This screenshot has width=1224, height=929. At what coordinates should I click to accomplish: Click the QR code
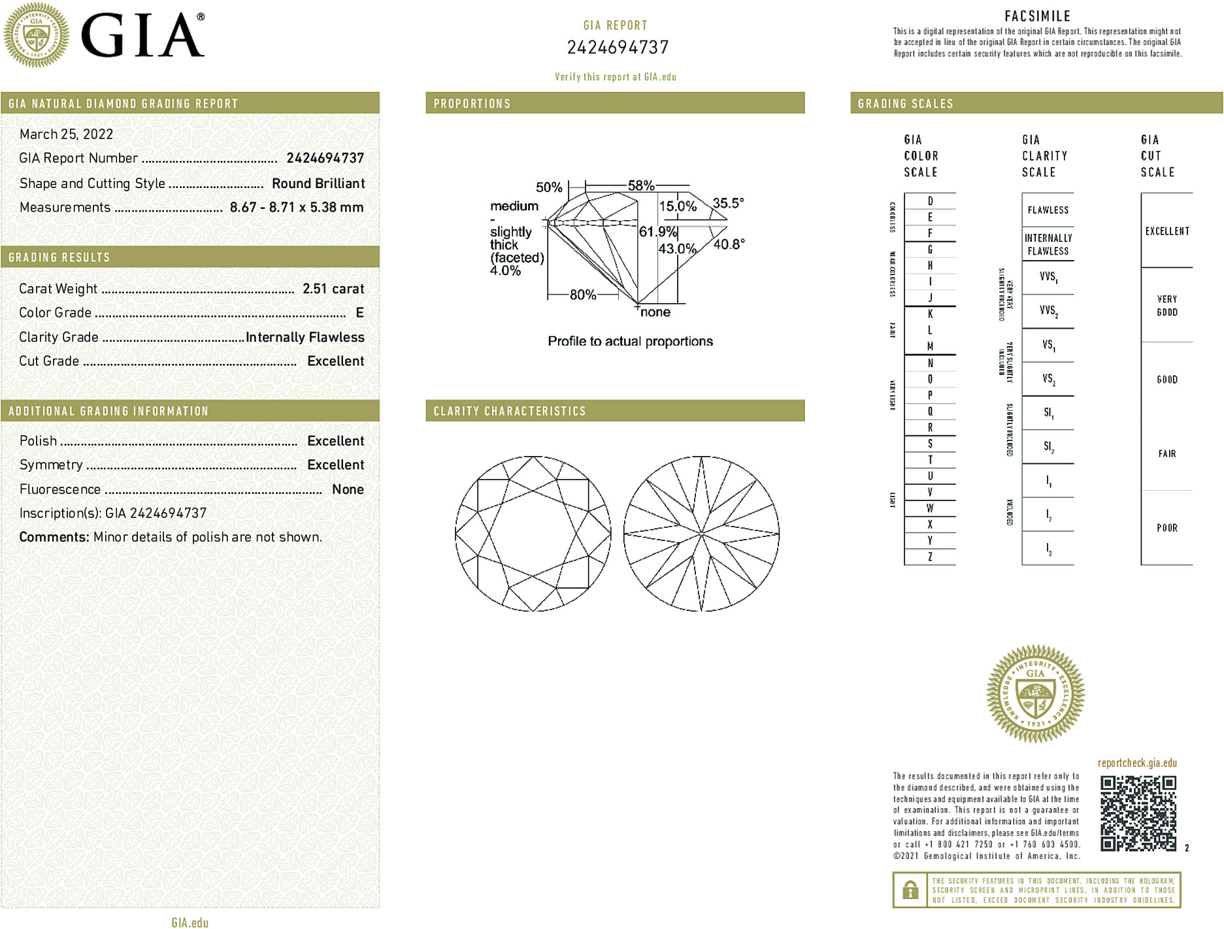click(x=1138, y=813)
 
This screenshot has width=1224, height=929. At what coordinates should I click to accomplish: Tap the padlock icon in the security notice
click(x=910, y=890)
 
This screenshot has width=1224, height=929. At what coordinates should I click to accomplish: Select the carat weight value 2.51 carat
click(x=333, y=289)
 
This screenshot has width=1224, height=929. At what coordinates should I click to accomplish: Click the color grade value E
click(x=359, y=313)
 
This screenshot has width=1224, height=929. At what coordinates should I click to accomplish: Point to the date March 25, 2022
click(x=66, y=134)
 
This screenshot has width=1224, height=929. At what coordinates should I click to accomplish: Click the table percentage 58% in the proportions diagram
click(x=640, y=186)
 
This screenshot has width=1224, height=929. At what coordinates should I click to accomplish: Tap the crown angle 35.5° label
click(x=728, y=203)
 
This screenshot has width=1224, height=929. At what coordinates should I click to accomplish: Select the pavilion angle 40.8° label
click(x=729, y=244)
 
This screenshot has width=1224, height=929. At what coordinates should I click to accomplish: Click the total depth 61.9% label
click(x=657, y=232)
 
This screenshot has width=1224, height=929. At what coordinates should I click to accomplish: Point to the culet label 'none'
click(x=655, y=312)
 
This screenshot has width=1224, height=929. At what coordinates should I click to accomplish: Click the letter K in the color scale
click(x=930, y=314)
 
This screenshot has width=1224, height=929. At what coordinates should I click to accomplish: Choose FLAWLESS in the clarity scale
click(x=1048, y=210)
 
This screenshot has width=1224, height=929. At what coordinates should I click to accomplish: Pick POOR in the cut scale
click(x=1166, y=528)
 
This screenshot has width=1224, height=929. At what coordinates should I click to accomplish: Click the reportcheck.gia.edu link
click(x=1137, y=763)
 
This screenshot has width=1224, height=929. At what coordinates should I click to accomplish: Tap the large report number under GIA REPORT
click(x=618, y=48)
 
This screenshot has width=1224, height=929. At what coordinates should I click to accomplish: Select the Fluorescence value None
click(x=348, y=489)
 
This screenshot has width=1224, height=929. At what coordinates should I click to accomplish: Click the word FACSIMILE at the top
click(x=1037, y=16)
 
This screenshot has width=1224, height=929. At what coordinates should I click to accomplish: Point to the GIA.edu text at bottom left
click(x=190, y=922)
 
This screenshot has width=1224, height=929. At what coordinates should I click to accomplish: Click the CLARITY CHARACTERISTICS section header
click(x=510, y=411)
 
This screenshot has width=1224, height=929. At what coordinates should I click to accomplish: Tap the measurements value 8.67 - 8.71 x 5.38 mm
click(x=297, y=208)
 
